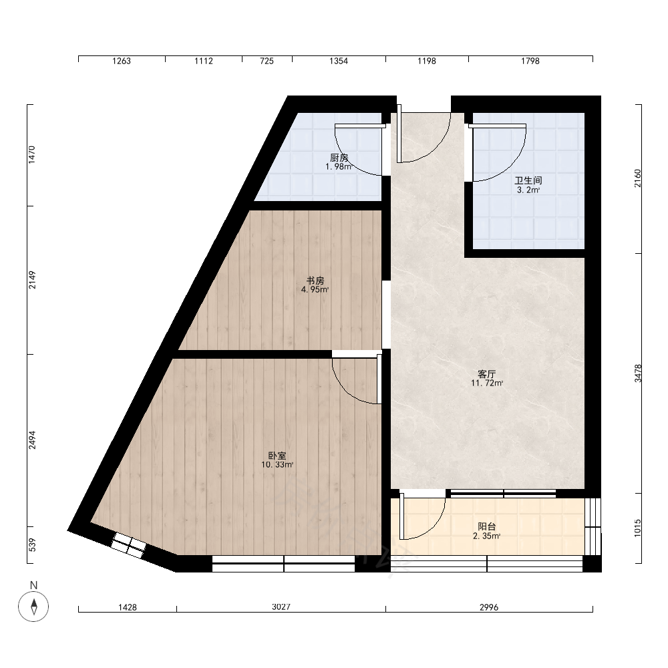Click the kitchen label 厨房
pyautogui.click(x=339, y=158)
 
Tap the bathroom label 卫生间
pyautogui.click(x=528, y=180)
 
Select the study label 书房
pyautogui.click(x=315, y=281)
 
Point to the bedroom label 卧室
pyautogui.click(x=277, y=456)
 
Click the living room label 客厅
pyautogui.click(x=486, y=374)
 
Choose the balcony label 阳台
pyautogui.click(x=486, y=527)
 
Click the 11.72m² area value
pyautogui.click(x=487, y=383)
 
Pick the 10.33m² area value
pyautogui.click(x=277, y=465)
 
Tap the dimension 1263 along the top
pyautogui.click(x=122, y=61)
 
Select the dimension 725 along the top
pyautogui.click(x=267, y=61)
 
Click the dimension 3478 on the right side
pyautogui.click(x=638, y=373)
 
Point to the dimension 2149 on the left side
pyautogui.click(x=32, y=280)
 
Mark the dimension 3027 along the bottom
pyautogui.click(x=281, y=607)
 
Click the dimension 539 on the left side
pyautogui.click(x=32, y=545)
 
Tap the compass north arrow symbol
pyautogui.click(x=33, y=607)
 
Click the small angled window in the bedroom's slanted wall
pyautogui.click(x=129, y=545)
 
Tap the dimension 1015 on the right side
pyautogui.click(x=638, y=528)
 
